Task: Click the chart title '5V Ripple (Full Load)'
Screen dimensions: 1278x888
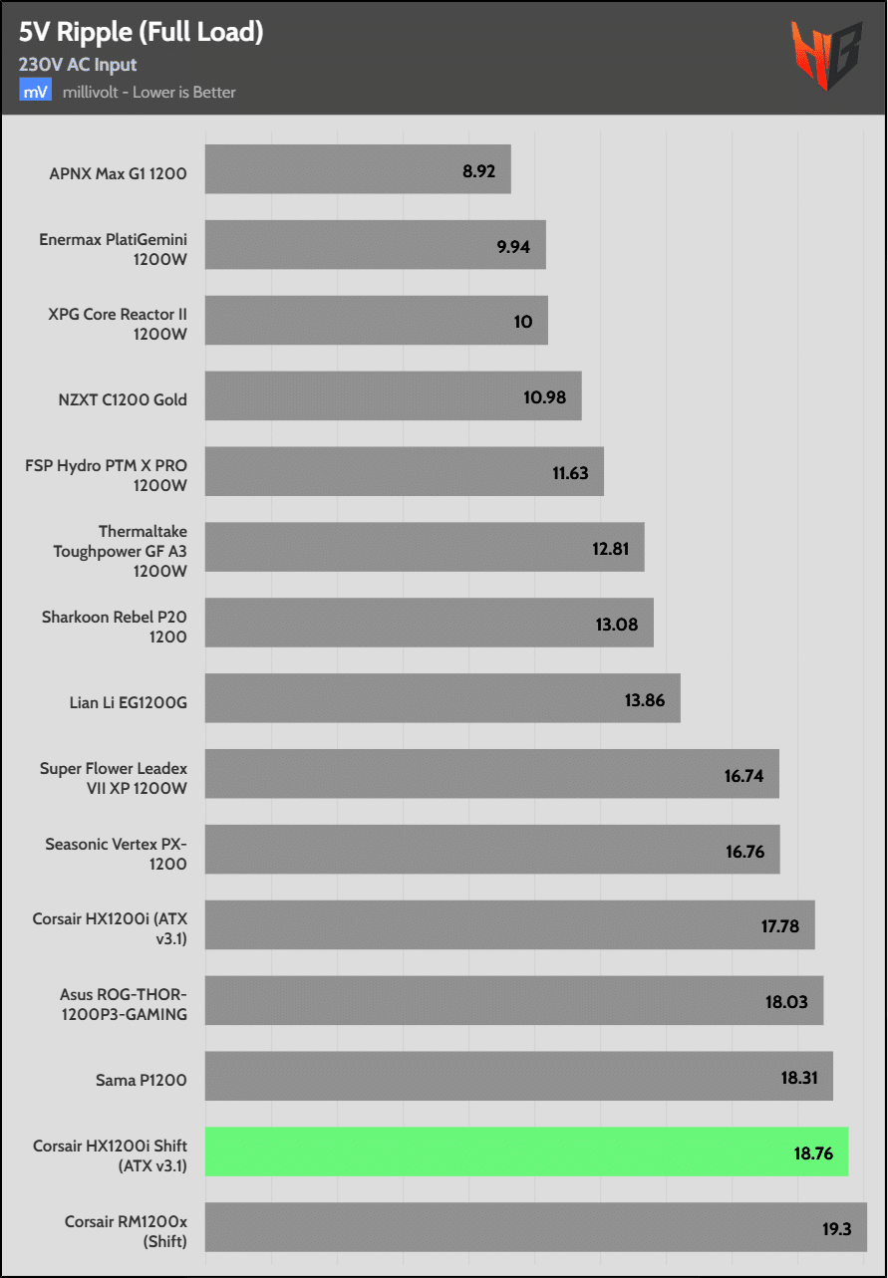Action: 141,32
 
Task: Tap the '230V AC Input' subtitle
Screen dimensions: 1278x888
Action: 78,65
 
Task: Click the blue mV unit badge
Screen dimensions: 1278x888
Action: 35,92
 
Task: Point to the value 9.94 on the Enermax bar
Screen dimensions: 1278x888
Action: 513,246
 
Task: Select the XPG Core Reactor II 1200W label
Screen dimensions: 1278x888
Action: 118,324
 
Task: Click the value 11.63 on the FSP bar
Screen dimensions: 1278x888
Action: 570,473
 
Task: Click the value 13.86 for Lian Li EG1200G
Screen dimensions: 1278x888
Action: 645,700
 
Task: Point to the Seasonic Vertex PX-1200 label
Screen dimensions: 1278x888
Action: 116,854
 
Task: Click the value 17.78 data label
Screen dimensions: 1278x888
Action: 779,926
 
